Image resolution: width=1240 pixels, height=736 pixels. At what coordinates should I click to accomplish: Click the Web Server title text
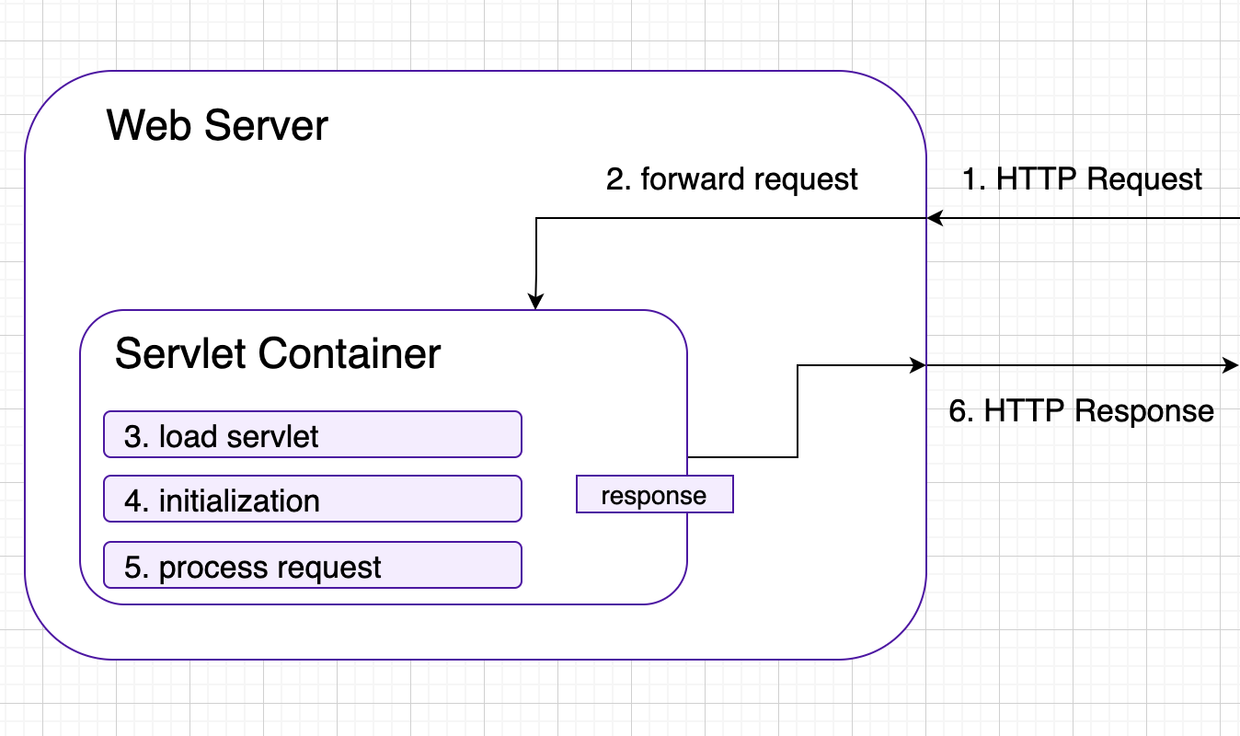217,125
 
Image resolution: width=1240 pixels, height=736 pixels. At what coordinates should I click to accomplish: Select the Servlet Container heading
278,354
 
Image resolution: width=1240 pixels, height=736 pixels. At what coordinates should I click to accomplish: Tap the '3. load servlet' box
313,434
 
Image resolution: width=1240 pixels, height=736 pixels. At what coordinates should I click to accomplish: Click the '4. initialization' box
313,500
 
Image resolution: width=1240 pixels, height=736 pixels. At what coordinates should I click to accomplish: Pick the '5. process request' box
313,566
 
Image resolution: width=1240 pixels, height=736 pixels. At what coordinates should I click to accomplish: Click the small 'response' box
654,495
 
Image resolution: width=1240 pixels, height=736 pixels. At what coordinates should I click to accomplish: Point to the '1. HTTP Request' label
1082,178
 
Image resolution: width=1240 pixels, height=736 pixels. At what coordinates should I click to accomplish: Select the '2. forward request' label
731,178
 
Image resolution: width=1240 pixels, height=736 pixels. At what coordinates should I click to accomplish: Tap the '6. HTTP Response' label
1082,410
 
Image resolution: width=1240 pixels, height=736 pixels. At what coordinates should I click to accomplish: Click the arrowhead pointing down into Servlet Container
535,303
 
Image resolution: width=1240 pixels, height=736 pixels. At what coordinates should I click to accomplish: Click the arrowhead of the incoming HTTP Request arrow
935,218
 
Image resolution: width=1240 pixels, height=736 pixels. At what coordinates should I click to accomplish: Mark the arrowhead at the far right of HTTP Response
1232,365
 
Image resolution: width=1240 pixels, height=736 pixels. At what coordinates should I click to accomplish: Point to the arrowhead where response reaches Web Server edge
918,365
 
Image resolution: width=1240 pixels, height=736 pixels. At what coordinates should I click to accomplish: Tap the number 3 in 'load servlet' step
132,435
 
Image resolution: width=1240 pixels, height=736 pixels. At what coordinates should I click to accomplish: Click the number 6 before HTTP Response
958,410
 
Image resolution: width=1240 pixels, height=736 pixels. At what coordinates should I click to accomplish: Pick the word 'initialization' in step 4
239,500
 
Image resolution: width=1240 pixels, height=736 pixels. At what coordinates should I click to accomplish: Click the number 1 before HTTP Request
970,178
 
